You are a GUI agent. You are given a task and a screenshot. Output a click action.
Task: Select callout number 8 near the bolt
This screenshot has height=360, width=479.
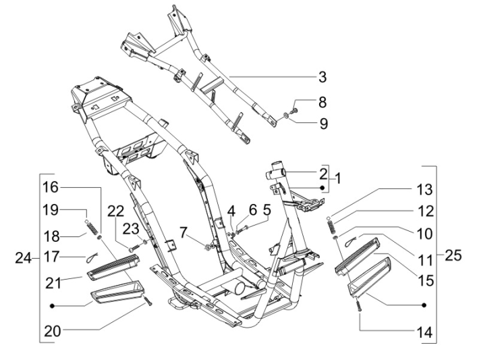click(x=322, y=103)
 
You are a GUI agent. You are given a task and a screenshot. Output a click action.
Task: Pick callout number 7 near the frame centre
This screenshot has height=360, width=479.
click(x=184, y=234)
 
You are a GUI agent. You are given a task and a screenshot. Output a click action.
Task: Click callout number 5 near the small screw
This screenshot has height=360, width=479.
click(x=266, y=210)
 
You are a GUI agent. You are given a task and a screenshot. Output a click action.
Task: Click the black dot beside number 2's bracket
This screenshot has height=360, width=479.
click(x=322, y=186)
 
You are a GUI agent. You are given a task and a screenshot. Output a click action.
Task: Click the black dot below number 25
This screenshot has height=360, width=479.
click(x=424, y=305)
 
